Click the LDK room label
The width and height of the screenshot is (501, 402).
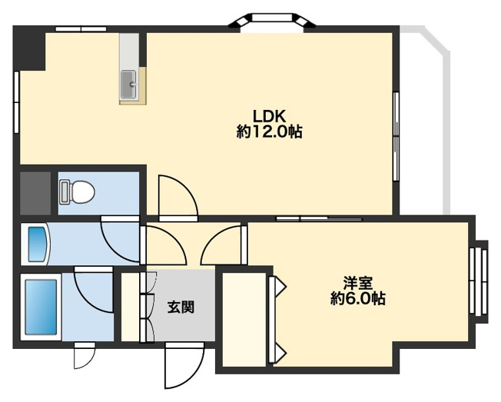[270, 116]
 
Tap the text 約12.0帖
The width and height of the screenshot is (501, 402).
[270, 132]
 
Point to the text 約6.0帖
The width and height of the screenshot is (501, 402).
[358, 298]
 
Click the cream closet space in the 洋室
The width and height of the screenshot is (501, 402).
[244, 315]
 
